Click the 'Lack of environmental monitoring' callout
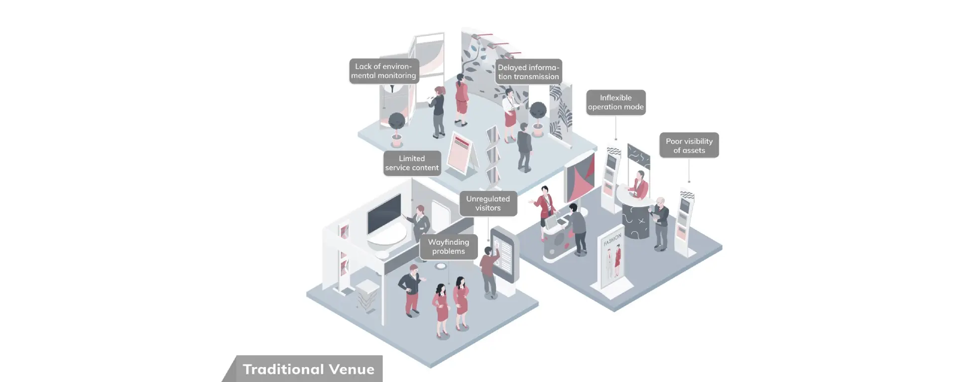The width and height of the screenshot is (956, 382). pyautogui.click(x=384, y=71)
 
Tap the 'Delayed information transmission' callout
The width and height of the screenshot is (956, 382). pyautogui.click(x=529, y=72)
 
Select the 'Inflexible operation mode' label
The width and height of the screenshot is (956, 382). pyautogui.click(x=616, y=102)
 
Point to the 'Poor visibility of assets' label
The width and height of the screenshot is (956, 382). pyautogui.click(x=689, y=145)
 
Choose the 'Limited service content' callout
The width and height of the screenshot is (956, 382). pyautogui.click(x=412, y=163)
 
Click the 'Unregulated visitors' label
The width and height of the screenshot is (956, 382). pyautogui.click(x=488, y=203)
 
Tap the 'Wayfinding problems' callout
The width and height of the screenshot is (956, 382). pyautogui.click(x=449, y=247)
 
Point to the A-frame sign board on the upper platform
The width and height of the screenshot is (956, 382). pyautogui.click(x=461, y=154)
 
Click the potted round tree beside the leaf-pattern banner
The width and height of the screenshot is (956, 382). pyautogui.click(x=538, y=119)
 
